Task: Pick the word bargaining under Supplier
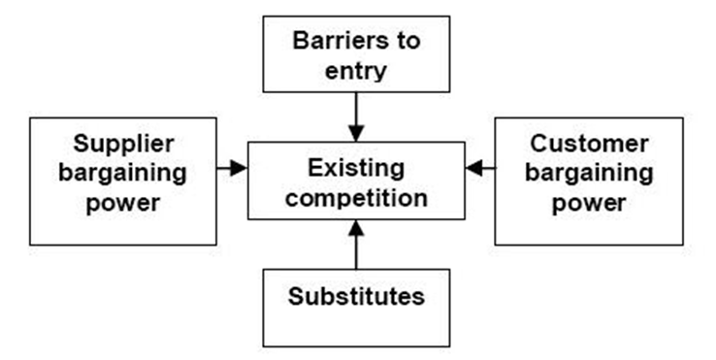(124, 175)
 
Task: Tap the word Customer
(589, 145)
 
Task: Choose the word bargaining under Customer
(589, 175)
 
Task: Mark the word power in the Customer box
(589, 205)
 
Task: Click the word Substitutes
(356, 296)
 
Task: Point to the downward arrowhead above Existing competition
(356, 133)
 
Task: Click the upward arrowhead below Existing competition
(356, 229)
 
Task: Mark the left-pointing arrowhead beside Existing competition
(473, 168)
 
